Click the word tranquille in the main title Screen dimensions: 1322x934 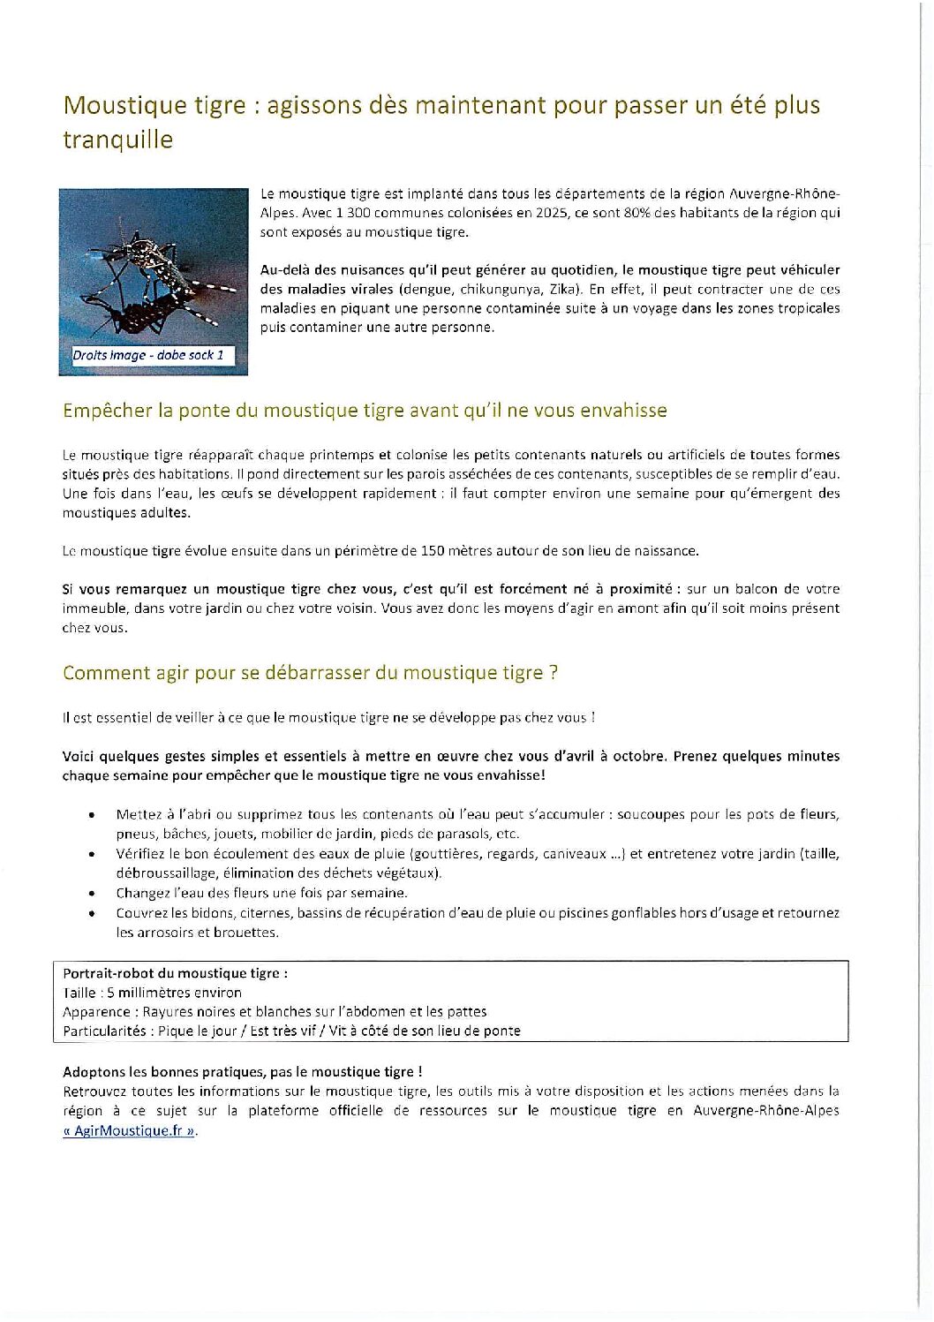point(117,140)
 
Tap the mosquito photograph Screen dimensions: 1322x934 point(154,269)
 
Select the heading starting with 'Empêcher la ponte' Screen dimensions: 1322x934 point(365,411)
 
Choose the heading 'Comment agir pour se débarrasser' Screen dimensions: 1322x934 point(310,673)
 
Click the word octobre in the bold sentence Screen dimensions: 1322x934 point(637,757)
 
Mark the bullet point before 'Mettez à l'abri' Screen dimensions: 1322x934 point(93,815)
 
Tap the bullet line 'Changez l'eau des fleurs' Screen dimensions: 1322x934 point(261,893)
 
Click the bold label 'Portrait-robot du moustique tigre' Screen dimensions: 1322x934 point(175,973)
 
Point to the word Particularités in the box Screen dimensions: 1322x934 point(104,1031)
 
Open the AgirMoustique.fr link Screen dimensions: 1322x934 point(130,1131)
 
